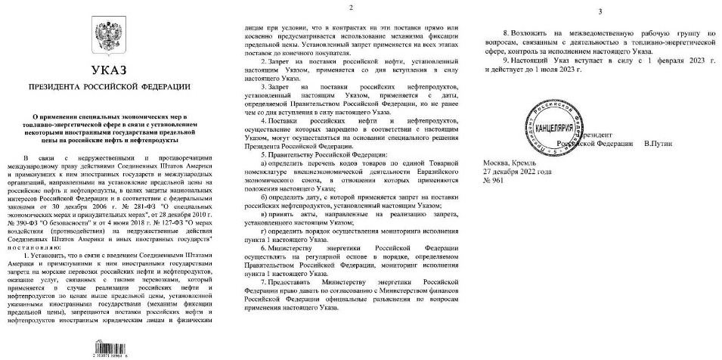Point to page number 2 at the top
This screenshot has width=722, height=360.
(x=353, y=7)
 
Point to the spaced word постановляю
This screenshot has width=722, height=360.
(x=55, y=247)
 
